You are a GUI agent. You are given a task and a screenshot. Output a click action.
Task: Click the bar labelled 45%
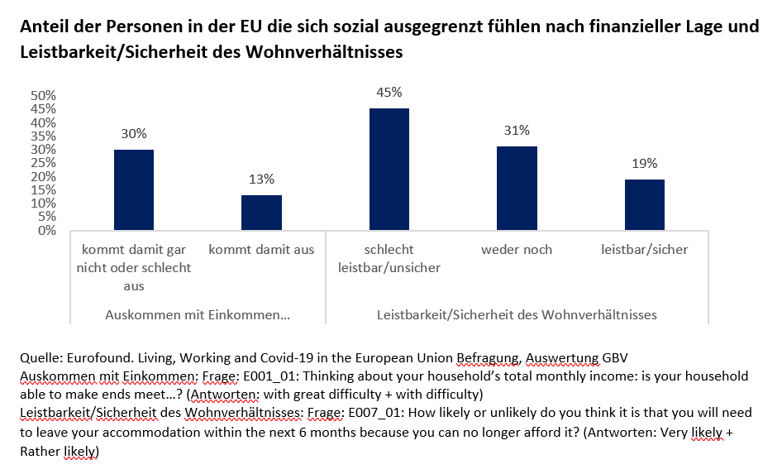click(x=389, y=170)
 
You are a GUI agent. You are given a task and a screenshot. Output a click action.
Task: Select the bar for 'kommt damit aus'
click(x=261, y=213)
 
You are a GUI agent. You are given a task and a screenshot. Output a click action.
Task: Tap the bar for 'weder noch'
click(x=517, y=189)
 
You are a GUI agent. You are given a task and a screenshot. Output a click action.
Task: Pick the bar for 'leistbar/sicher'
click(x=644, y=204)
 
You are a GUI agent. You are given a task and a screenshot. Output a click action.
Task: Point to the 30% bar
click(x=134, y=190)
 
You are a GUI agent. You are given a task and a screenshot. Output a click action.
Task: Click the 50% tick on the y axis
click(x=43, y=96)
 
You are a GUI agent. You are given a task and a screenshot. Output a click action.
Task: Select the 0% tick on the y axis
click(x=46, y=230)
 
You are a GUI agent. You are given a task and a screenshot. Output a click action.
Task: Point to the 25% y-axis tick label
click(x=43, y=163)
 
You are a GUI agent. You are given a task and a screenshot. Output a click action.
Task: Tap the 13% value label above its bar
click(x=261, y=179)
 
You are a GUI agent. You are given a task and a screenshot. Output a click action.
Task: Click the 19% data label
click(x=644, y=163)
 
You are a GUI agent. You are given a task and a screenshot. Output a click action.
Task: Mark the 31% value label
click(x=517, y=131)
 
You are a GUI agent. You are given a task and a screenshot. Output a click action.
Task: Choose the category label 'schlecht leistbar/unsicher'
click(x=389, y=258)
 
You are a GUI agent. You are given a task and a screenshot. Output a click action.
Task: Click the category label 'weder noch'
click(x=517, y=249)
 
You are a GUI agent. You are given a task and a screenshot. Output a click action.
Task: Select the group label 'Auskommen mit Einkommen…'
click(x=198, y=315)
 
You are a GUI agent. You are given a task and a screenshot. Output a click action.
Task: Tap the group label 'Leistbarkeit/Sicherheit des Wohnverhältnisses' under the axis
click(x=517, y=315)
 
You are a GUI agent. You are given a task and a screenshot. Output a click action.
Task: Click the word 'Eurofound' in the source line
click(x=91, y=357)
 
